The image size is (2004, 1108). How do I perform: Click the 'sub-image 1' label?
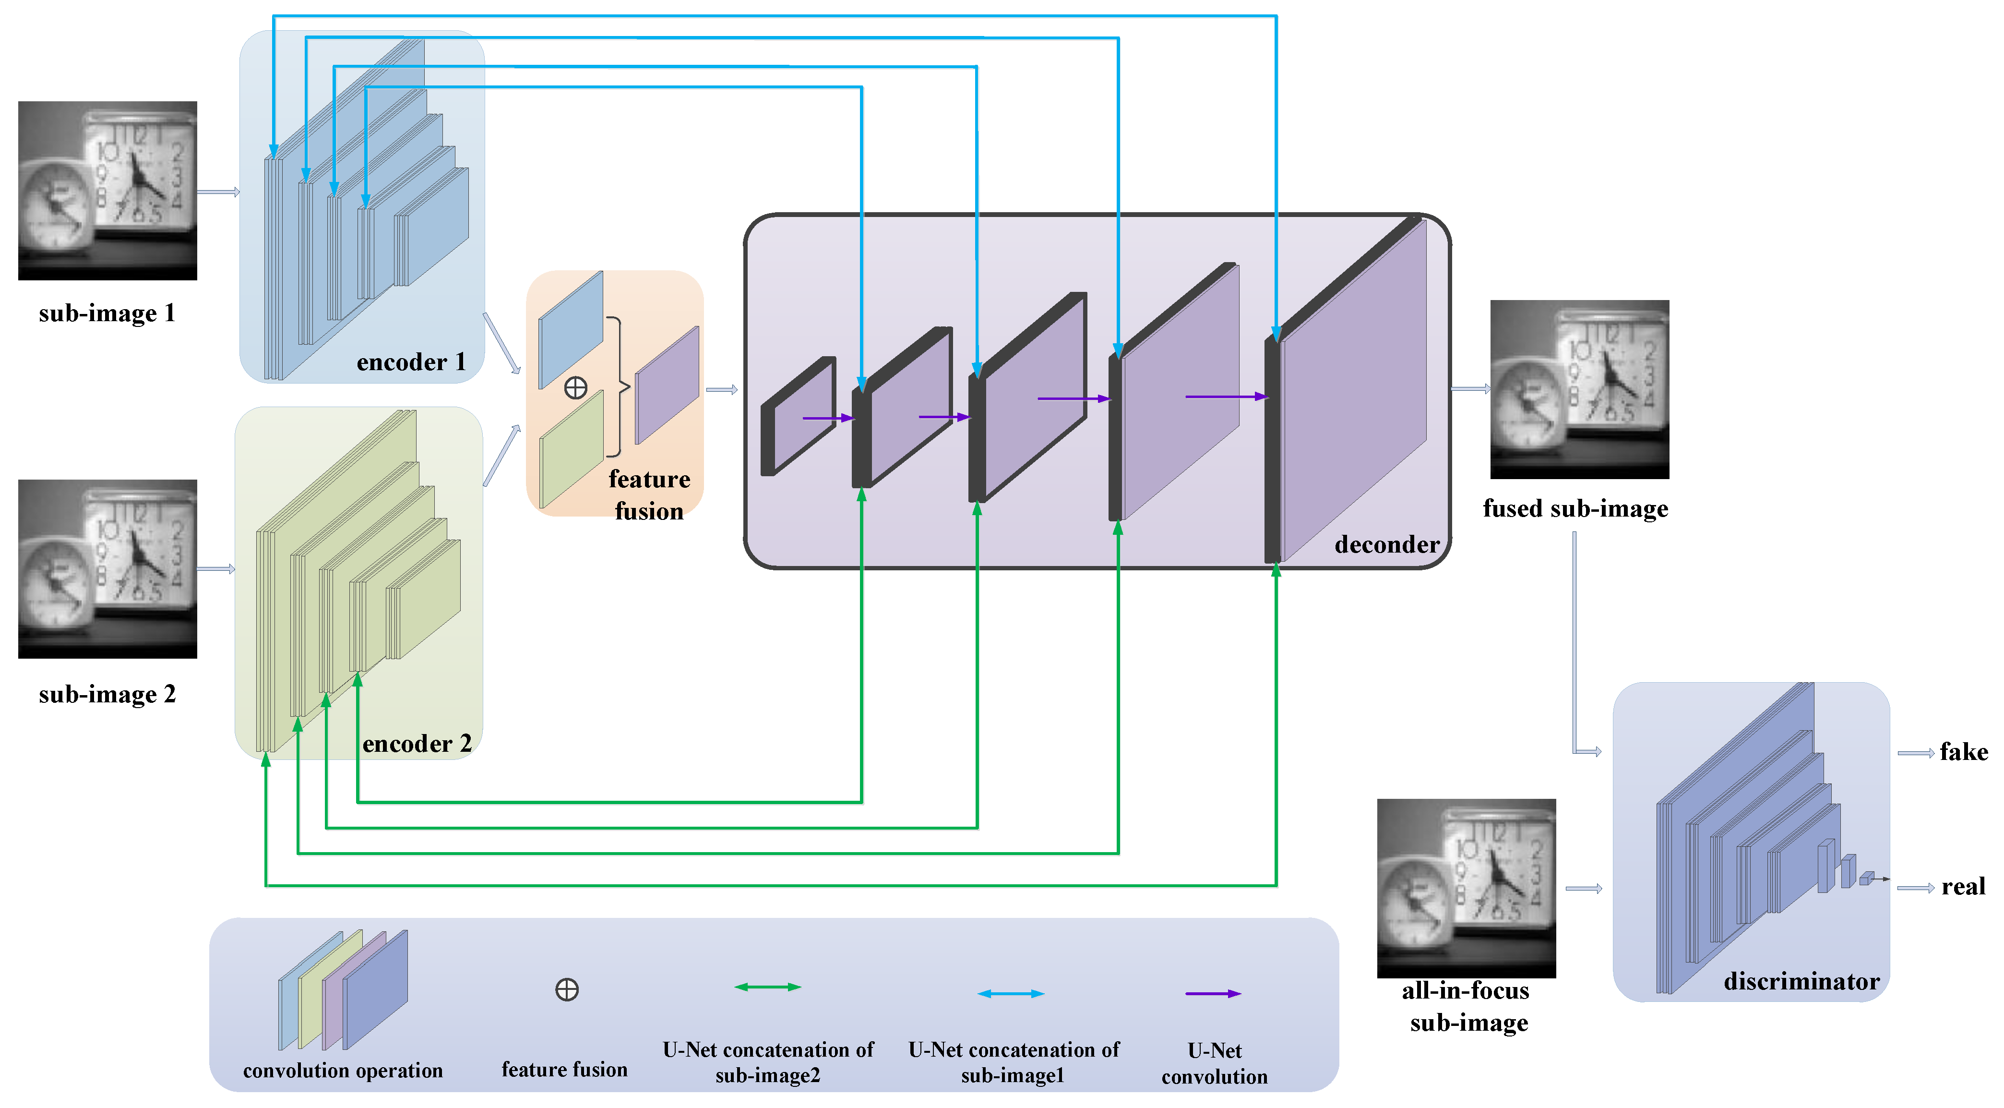(x=107, y=313)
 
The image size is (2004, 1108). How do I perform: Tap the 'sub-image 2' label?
(x=107, y=694)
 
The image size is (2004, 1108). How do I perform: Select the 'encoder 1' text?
(x=411, y=362)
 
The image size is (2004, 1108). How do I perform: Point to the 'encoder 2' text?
(x=417, y=744)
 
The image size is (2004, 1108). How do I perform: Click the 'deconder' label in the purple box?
(x=1386, y=545)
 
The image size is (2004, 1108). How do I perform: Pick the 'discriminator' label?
(x=1801, y=981)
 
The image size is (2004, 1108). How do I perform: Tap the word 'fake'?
(x=1963, y=752)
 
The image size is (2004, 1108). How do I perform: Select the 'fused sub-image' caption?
(x=1575, y=509)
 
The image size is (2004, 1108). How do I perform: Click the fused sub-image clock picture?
(x=1579, y=389)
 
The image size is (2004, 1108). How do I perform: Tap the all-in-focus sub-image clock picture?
(x=1467, y=888)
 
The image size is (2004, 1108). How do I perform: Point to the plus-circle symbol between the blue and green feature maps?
(x=576, y=387)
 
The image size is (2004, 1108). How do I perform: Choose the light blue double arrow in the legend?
(x=1011, y=994)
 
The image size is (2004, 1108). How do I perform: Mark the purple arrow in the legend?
(x=1213, y=994)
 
